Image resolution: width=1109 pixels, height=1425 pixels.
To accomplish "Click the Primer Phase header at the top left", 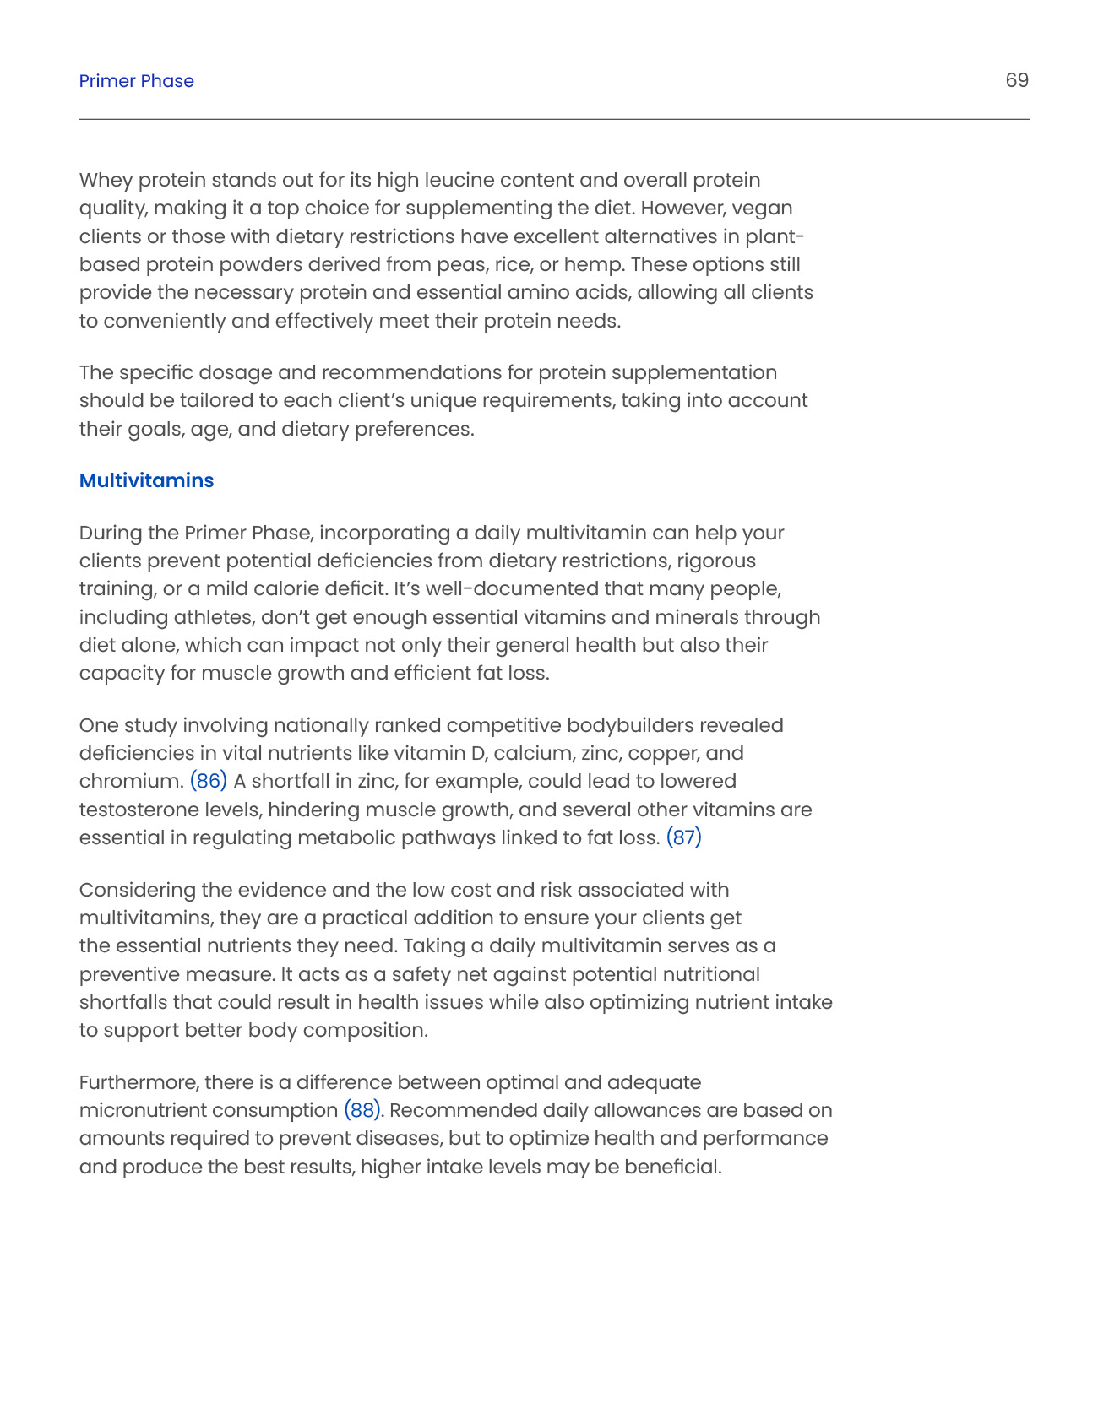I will (x=136, y=81).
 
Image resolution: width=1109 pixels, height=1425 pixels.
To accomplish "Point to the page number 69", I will (x=1016, y=80).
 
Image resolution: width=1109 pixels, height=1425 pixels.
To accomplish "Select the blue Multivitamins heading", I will (x=146, y=480).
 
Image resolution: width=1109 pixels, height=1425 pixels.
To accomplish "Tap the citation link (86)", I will (x=209, y=781).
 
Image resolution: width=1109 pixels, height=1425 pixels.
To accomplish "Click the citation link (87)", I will (x=683, y=837).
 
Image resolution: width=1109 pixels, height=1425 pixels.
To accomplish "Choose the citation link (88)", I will (x=362, y=1110).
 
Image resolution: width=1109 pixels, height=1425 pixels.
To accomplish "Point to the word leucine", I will (x=459, y=181).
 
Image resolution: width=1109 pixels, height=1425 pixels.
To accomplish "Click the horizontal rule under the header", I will (x=554, y=119).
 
